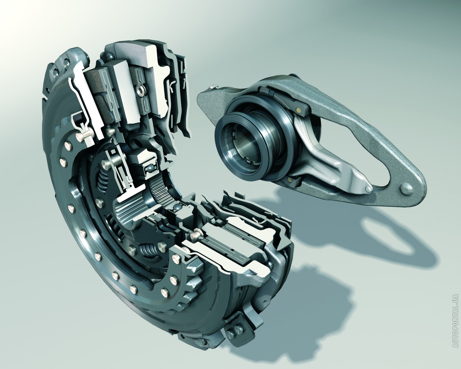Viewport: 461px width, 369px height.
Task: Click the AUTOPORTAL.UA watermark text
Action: (x=455, y=324)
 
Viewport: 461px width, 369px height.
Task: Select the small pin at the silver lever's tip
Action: (x=368, y=189)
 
